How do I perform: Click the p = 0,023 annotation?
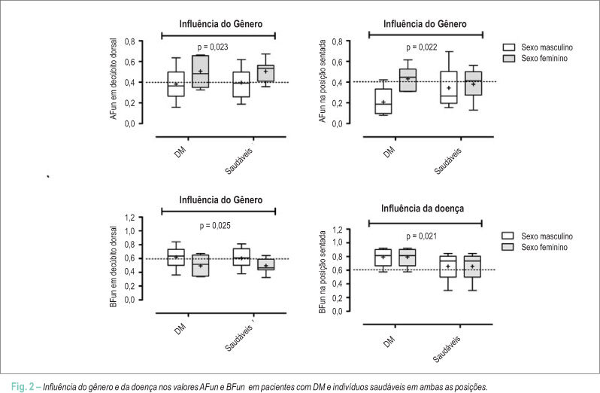point(213,47)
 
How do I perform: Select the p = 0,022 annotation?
point(422,47)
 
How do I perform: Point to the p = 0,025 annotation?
point(215,226)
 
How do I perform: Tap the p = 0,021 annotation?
point(422,236)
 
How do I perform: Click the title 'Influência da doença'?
point(423,209)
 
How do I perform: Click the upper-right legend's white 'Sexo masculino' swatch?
point(509,47)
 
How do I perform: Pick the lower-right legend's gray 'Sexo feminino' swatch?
point(508,247)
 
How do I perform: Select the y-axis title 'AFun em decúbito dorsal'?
point(114,79)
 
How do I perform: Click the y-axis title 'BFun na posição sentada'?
point(323,272)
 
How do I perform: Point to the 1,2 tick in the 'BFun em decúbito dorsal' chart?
point(130,218)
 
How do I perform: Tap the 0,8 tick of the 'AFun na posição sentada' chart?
point(337,41)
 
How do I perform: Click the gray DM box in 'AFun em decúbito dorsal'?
point(200,72)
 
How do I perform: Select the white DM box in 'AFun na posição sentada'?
point(383,102)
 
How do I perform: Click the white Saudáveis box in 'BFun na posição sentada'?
point(448,267)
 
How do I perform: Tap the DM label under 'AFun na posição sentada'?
point(389,152)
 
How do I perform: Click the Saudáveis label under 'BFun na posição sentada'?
point(447,349)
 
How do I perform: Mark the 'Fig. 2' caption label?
point(23,386)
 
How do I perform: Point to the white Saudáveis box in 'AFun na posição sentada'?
point(448,87)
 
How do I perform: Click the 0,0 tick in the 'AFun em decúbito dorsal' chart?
point(130,123)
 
